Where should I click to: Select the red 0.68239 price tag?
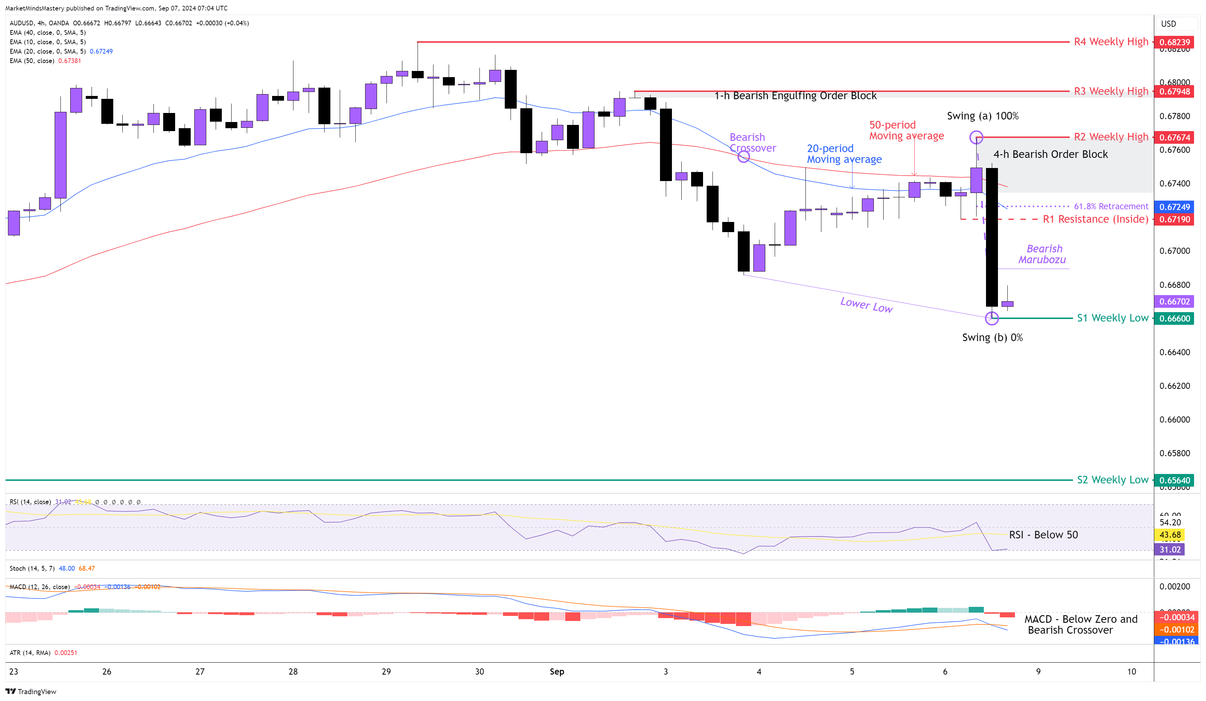click(x=1173, y=42)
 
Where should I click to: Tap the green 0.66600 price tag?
click(x=1173, y=318)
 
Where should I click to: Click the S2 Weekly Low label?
click(x=1112, y=480)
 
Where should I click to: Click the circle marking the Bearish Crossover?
click(x=743, y=156)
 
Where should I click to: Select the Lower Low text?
click(x=866, y=305)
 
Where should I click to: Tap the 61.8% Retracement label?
click(x=1111, y=206)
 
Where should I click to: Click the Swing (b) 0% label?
click(x=992, y=337)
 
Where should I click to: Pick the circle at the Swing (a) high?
click(x=976, y=138)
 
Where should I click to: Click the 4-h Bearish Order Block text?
click(x=1050, y=154)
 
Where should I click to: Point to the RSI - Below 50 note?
click(x=1043, y=535)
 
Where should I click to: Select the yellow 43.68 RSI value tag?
click(x=1169, y=535)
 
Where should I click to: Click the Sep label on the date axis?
click(x=557, y=671)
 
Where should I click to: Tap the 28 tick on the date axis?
click(x=293, y=671)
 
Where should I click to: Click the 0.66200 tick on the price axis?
click(x=1175, y=386)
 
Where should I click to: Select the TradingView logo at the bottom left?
click(x=31, y=692)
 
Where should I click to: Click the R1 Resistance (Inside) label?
click(x=1095, y=219)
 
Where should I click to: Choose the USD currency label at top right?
click(x=1168, y=24)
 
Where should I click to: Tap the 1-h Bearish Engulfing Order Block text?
click(x=795, y=96)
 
